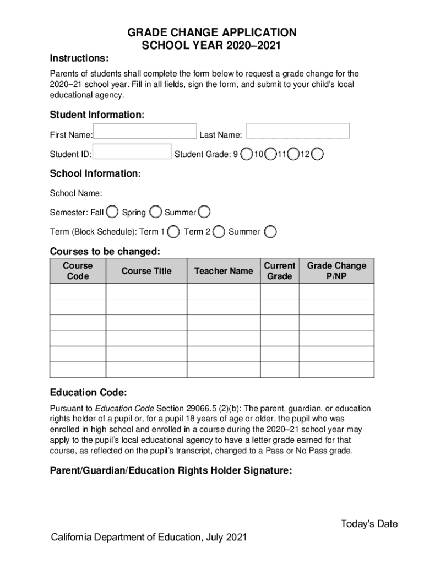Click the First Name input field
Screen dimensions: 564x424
coord(145,131)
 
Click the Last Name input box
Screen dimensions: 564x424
coord(297,131)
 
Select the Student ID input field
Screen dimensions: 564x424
coord(132,151)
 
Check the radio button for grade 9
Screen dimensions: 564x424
coord(248,155)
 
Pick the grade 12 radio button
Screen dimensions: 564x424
coord(318,155)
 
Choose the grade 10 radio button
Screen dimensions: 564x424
coord(270,155)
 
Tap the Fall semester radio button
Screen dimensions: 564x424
coord(112,212)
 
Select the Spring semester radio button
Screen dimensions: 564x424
coord(156,212)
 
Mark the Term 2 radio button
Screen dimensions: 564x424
coord(219,232)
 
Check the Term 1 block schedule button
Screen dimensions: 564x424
coord(173,232)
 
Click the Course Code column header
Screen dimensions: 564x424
coord(78,271)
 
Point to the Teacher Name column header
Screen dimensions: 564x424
coord(224,271)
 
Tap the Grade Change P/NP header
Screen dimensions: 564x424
coord(336,271)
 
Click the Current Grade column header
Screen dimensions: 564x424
coord(279,271)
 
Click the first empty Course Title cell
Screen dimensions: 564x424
coord(146,291)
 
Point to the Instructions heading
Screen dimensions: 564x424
coord(79,58)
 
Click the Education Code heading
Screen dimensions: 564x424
coord(88,393)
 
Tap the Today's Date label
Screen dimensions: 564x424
coord(369,524)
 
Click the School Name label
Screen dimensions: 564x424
coord(76,193)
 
